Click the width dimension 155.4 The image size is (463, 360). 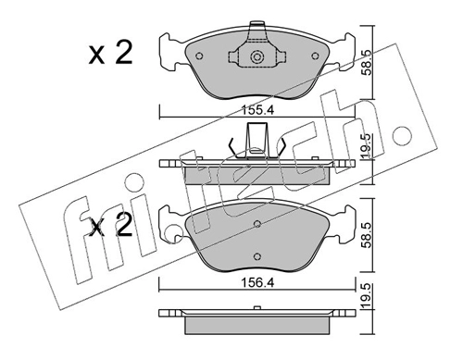(x=257, y=110)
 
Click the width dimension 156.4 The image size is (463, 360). (x=257, y=283)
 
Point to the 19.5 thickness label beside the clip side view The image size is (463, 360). (x=367, y=147)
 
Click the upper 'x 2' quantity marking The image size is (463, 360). (x=111, y=53)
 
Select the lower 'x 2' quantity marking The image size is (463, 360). (x=111, y=226)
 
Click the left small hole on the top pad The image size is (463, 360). (x=199, y=56)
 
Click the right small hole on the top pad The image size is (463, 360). (x=315, y=56)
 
